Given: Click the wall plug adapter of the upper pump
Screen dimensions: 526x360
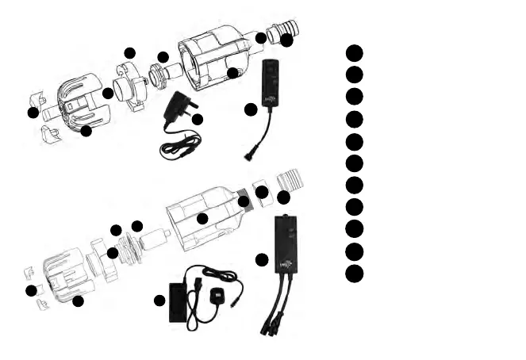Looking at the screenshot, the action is point(178,109).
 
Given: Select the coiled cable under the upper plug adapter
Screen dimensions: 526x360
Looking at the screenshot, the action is point(180,147).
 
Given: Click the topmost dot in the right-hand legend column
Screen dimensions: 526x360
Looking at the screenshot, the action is point(355,52).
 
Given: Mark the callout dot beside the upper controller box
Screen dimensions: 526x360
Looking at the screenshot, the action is point(251,109).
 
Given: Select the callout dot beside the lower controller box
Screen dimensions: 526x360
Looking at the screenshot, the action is point(262,259).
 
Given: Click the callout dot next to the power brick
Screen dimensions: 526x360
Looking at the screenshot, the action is point(159,301).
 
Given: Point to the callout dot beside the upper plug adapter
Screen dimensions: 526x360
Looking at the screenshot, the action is point(198,120).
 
